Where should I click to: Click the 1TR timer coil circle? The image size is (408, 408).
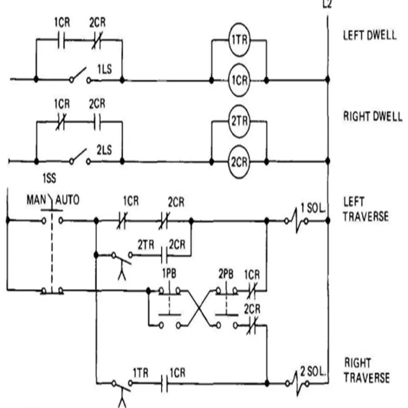238,39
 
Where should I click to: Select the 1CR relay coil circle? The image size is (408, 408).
238,80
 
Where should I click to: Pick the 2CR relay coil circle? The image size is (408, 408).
238,161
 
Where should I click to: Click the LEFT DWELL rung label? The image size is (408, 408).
369,35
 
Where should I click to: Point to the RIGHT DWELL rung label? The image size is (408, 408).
372,117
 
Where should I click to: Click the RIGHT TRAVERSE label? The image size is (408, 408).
366,370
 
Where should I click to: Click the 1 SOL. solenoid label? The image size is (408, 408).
313,209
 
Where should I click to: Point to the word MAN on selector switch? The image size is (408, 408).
36,199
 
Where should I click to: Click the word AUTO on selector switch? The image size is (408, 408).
67,199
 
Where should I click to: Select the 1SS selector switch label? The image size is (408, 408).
49,179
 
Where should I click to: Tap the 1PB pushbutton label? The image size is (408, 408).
169,275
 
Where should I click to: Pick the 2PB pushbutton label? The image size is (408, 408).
225,275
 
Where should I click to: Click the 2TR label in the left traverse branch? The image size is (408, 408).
146,244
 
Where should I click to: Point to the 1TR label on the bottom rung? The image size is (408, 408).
141,373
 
